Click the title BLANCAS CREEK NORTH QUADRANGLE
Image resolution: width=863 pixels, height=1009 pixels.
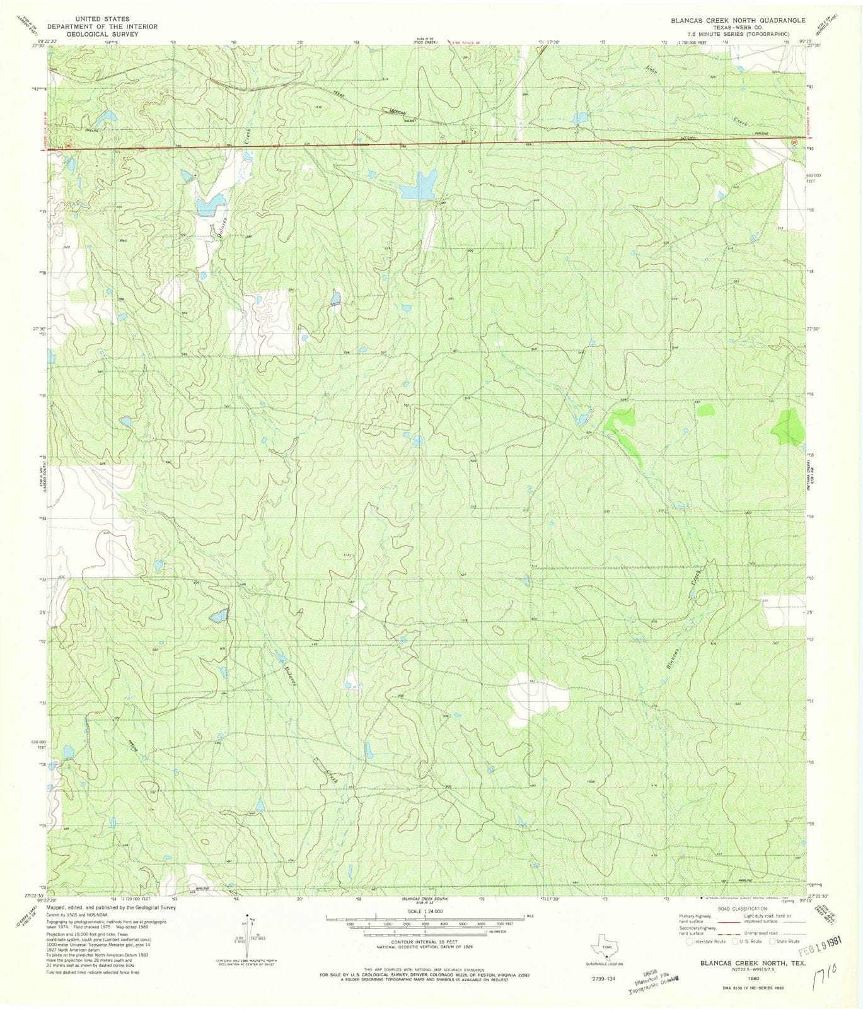point(729,21)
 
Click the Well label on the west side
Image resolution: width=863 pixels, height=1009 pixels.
point(123,240)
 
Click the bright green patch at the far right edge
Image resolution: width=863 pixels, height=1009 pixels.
point(789,426)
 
